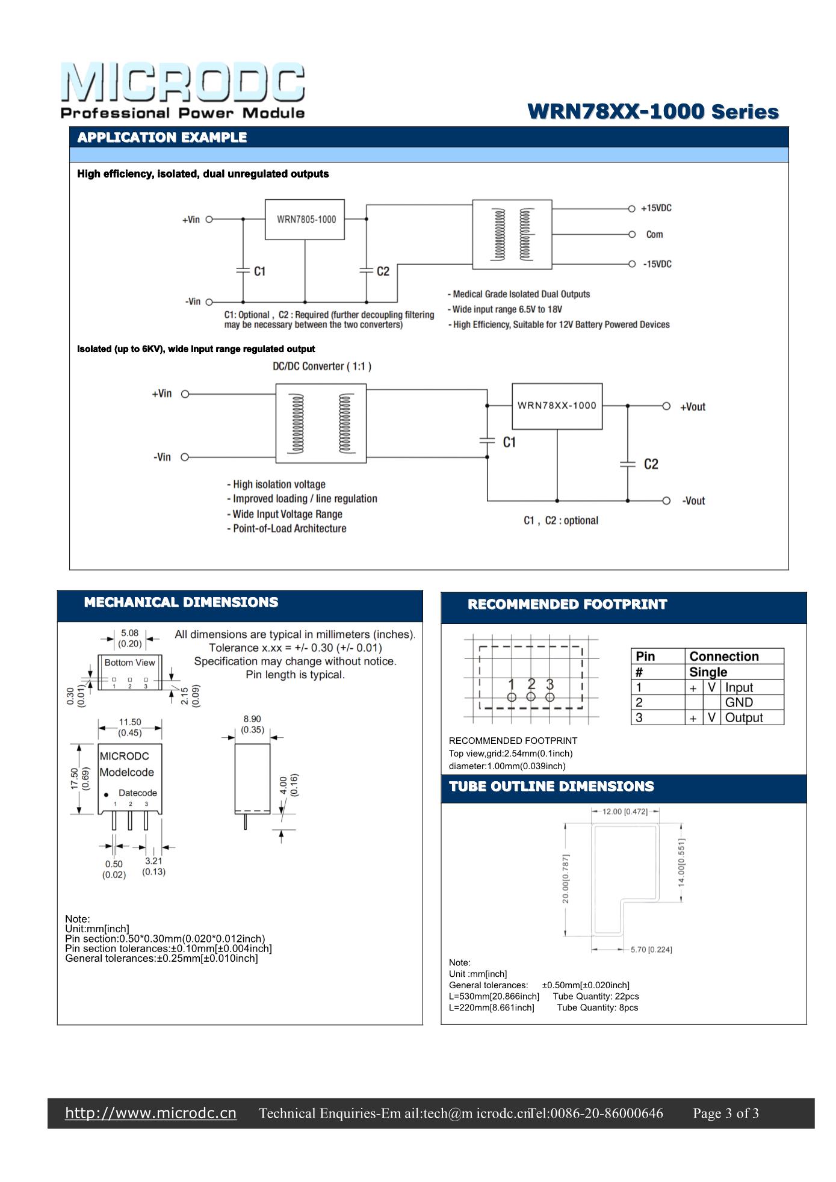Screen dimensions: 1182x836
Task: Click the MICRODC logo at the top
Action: pyautogui.click(x=182, y=90)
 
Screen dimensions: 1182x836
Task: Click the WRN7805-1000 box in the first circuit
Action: pyautogui.click(x=305, y=220)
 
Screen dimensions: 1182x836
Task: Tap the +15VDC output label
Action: pyautogui.click(x=656, y=208)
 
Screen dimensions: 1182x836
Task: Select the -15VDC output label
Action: pyautogui.click(x=656, y=264)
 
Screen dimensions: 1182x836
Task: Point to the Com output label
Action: pyautogui.click(x=654, y=235)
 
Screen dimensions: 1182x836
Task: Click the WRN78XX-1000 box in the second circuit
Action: pyautogui.click(x=557, y=406)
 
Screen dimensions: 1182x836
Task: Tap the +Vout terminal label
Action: pyautogui.click(x=692, y=407)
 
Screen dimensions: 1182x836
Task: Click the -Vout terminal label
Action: pyautogui.click(x=693, y=501)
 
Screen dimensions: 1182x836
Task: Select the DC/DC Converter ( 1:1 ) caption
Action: pyautogui.click(x=322, y=367)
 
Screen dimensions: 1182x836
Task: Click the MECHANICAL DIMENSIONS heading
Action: pyautogui.click(x=181, y=602)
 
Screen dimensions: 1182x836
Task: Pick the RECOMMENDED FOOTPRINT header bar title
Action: pyautogui.click(x=568, y=604)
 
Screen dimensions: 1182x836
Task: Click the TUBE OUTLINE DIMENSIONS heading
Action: pyautogui.click(x=551, y=787)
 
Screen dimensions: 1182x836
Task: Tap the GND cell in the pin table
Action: pyautogui.click(x=738, y=702)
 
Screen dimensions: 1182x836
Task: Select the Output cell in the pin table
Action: pyautogui.click(x=744, y=717)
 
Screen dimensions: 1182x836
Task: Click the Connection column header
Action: pyautogui.click(x=723, y=656)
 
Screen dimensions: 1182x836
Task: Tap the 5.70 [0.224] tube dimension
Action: pyautogui.click(x=651, y=950)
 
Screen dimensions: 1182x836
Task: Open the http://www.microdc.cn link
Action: pyautogui.click(x=150, y=1113)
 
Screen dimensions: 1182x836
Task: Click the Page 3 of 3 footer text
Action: pyautogui.click(x=725, y=1113)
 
